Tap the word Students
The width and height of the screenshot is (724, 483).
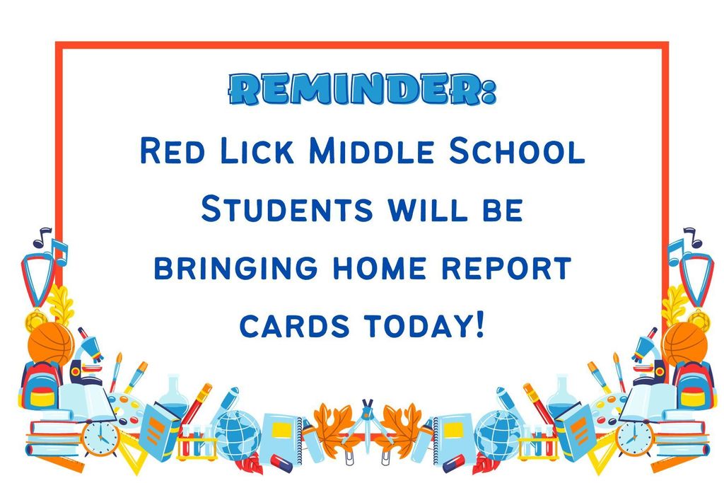[x=287, y=209]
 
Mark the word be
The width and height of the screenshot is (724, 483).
[x=503, y=209]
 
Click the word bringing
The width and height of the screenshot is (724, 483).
[x=235, y=268]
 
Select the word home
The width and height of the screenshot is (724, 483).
[x=380, y=268]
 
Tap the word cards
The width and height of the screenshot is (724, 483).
[x=295, y=326]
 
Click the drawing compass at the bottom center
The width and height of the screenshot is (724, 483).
[x=367, y=427]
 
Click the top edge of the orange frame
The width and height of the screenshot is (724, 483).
[x=362, y=45]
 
